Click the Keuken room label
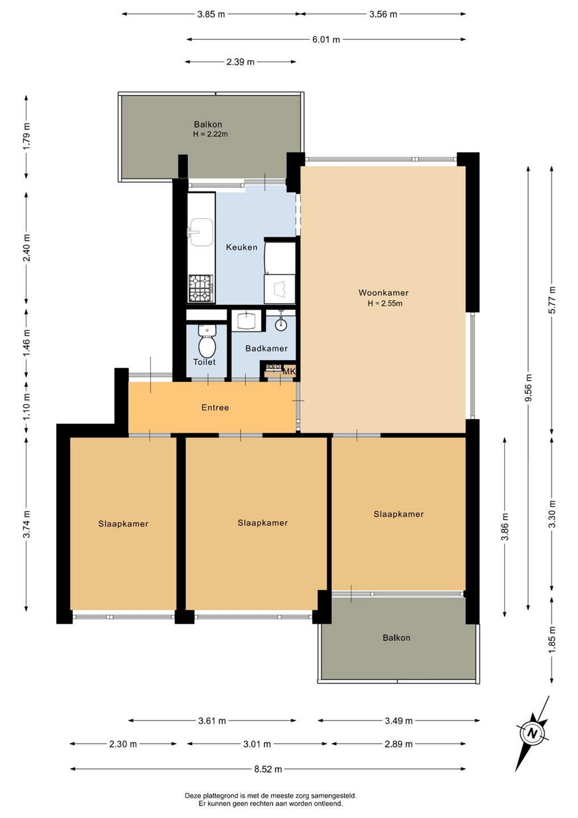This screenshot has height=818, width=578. tap(241, 247)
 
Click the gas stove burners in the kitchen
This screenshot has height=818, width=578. tap(200, 288)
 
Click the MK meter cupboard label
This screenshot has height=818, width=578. tap(288, 372)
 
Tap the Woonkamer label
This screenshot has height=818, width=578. tap(383, 293)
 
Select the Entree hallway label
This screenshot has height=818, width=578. tap(215, 407)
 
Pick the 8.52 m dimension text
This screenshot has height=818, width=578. tap(268, 769)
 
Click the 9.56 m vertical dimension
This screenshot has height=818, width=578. tap(528, 388)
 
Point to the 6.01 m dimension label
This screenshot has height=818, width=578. tap(326, 39)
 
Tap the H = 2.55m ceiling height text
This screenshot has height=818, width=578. tap(385, 303)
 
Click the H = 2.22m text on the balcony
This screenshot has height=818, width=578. tap(211, 134)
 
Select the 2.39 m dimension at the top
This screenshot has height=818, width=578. tap(240, 62)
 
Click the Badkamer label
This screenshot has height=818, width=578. tap(266, 348)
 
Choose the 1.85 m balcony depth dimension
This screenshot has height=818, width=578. tap(551, 640)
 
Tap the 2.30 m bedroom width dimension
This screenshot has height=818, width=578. tap(123, 744)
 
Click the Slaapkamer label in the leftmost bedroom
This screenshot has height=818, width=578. tap(123, 524)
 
